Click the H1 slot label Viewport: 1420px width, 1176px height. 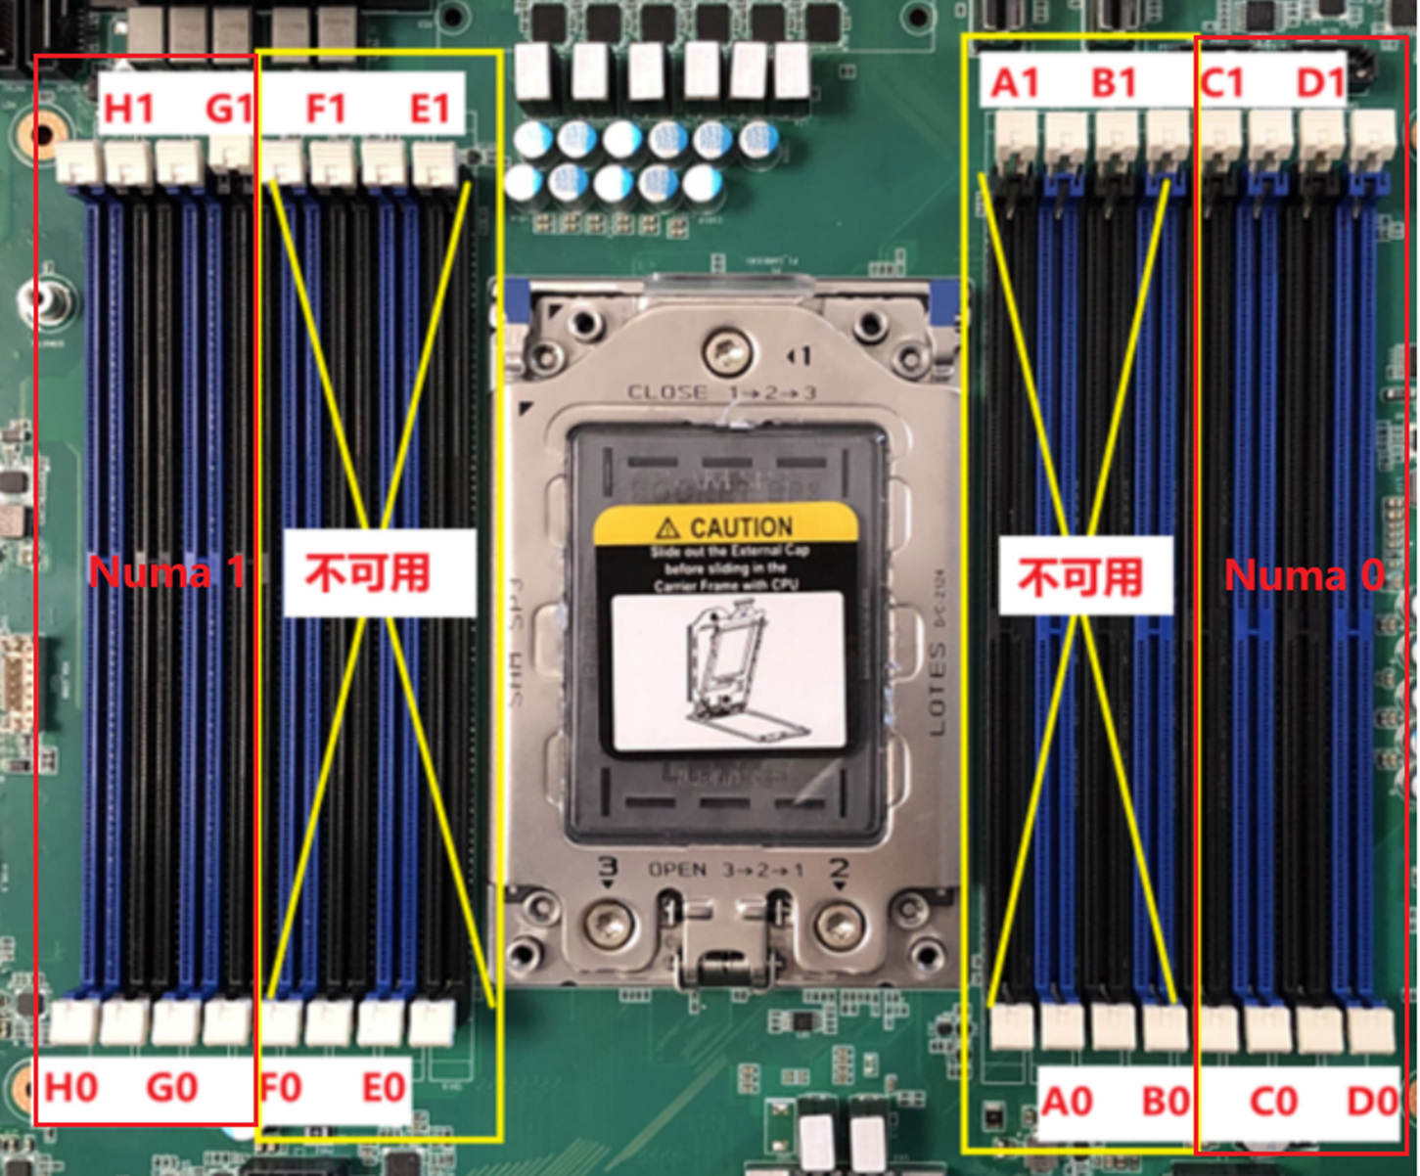129,108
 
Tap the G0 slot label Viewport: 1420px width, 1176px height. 172,1088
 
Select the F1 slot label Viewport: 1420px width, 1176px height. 326,108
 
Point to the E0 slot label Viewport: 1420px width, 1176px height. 384,1088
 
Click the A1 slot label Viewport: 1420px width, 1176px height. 1015,84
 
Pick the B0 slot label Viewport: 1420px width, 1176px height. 1166,1102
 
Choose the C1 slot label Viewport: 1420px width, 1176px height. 1223,84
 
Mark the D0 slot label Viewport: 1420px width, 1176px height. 1372,1102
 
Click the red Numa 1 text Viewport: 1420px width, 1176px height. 166,572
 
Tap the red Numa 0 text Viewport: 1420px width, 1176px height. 1305,575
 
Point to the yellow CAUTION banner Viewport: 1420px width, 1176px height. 726,526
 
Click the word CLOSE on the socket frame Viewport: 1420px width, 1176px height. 667,392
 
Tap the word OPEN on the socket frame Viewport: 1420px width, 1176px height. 677,870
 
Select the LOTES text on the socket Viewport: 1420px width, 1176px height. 937,689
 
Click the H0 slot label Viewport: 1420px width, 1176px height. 71,1088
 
